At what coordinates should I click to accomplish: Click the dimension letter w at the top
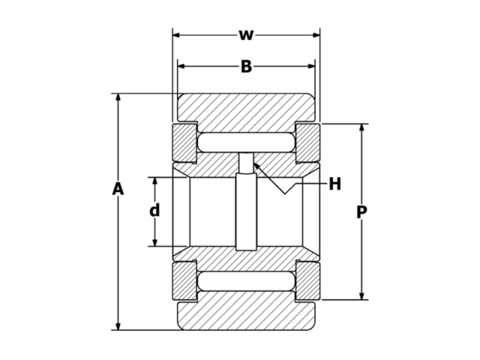pos(245,35)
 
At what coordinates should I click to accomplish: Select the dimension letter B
pos(246,67)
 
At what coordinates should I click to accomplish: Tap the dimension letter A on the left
pos(118,189)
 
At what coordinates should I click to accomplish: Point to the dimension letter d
pos(154,211)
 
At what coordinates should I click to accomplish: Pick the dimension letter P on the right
pos(361,212)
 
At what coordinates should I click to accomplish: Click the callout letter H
pos(334,184)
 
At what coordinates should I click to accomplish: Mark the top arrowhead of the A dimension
pos(118,98)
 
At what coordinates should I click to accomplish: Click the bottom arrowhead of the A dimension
pos(118,325)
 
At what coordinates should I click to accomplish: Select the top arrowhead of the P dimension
pos(361,128)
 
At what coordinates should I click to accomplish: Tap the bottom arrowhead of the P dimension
pos(361,295)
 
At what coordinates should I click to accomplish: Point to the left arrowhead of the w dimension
pos(177,35)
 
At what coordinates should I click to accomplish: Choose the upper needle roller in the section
pos(246,142)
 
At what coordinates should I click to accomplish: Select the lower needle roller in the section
pos(246,281)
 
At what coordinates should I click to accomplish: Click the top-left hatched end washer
pos(184,142)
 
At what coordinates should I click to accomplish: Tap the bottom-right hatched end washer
pos(307,281)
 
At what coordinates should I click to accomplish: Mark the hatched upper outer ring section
pos(246,109)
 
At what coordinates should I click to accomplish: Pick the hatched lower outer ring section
pos(246,315)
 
